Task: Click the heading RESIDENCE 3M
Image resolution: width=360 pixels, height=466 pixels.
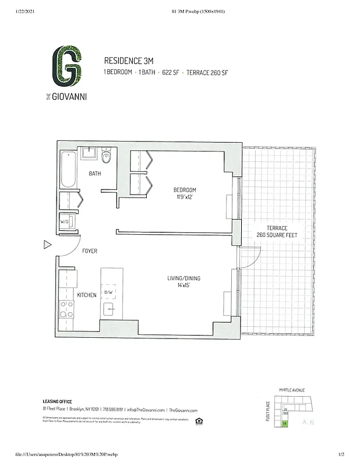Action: click(127, 61)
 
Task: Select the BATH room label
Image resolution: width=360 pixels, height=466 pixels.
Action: click(94, 174)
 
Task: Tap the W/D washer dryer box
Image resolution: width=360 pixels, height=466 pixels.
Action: click(65, 221)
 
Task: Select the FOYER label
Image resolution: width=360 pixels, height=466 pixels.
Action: click(89, 251)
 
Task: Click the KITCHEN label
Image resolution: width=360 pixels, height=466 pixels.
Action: click(87, 295)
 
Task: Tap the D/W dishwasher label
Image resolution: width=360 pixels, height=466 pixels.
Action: click(108, 292)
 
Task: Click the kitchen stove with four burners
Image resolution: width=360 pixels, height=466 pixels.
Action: click(66, 308)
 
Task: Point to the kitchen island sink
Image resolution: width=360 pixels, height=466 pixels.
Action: click(109, 309)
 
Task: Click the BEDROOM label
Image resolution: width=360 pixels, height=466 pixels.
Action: click(185, 190)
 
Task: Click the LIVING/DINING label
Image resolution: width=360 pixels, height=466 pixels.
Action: click(184, 278)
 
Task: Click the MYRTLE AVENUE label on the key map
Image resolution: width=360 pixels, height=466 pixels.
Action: click(292, 390)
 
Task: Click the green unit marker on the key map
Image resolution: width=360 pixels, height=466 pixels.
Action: click(285, 423)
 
